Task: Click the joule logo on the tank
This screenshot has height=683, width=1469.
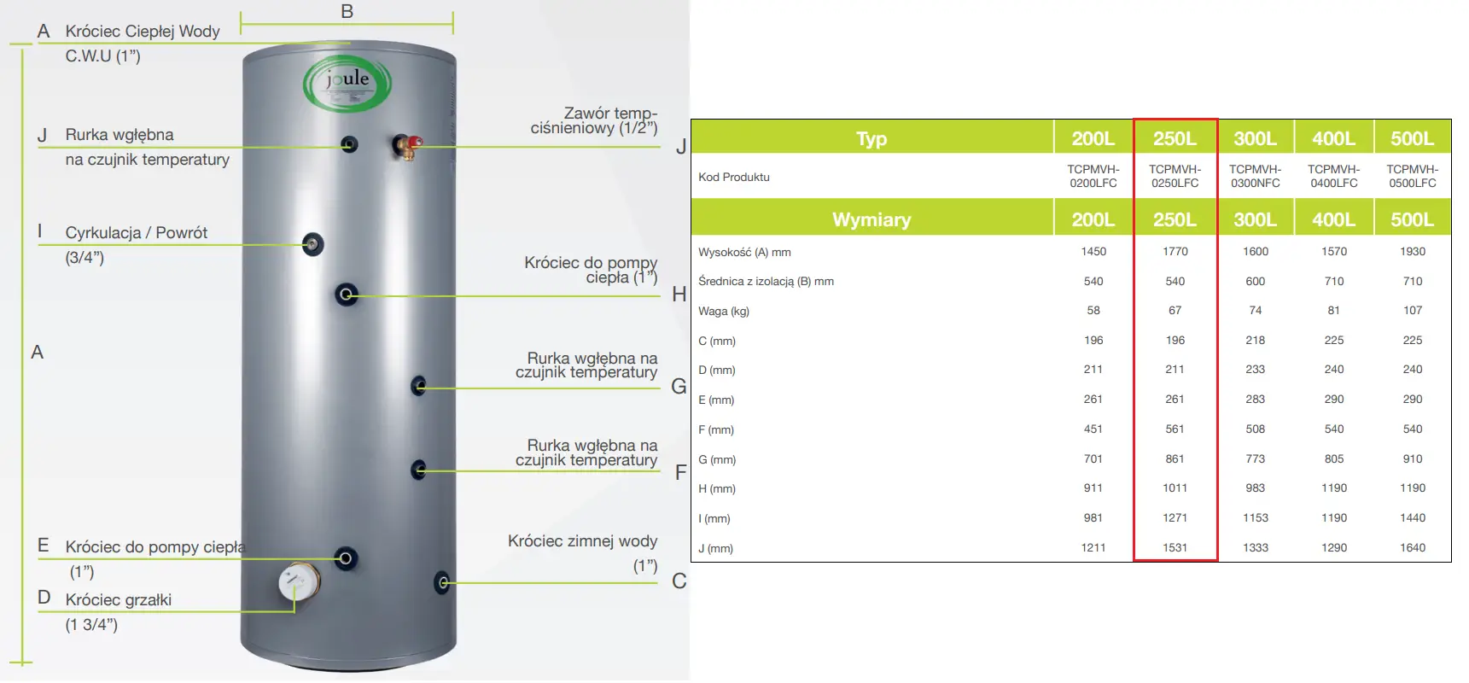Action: point(347,85)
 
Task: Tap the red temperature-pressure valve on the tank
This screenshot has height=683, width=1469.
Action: point(407,146)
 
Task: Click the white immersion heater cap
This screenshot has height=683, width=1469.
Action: point(299,583)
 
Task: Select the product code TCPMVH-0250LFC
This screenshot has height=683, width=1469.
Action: point(1175,177)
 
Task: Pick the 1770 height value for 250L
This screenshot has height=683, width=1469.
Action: point(1175,252)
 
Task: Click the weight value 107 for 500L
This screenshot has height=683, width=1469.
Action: point(1413,311)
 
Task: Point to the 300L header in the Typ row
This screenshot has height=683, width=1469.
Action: point(1255,138)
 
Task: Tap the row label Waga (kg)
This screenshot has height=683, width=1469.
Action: point(724,311)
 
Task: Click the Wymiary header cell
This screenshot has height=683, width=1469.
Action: point(871,219)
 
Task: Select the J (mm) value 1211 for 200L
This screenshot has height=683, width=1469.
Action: point(1093,547)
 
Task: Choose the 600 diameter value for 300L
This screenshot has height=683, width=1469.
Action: point(1255,281)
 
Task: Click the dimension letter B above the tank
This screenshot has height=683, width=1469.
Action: point(347,12)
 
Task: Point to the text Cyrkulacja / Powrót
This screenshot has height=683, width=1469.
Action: point(137,232)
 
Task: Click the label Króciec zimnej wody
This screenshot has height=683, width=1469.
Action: point(582,541)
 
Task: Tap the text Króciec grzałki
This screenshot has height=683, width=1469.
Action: point(119,599)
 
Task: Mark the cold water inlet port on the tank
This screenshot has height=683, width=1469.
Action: point(442,582)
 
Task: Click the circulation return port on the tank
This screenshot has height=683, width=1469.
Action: point(313,245)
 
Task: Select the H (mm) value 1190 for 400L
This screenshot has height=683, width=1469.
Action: point(1334,488)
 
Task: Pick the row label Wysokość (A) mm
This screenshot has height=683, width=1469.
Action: point(744,253)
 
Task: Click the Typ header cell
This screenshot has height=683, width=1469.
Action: point(871,138)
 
